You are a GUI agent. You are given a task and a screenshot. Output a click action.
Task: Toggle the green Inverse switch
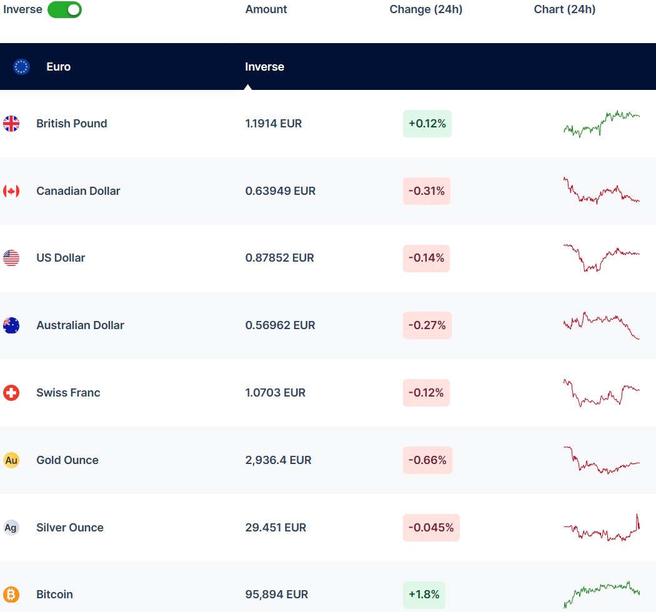point(64,9)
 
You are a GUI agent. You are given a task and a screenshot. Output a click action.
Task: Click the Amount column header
point(266,9)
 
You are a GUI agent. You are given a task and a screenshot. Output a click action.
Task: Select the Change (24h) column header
point(425,9)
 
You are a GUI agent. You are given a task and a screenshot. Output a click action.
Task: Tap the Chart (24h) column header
point(564,9)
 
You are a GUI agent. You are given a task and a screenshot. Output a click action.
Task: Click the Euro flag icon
point(22,67)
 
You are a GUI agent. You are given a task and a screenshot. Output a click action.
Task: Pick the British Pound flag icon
point(11,124)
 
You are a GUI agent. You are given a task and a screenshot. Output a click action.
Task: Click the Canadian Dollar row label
point(78,191)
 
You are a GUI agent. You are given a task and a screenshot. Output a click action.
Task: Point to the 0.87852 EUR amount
point(279,258)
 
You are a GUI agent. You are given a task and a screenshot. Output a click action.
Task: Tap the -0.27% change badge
point(427,325)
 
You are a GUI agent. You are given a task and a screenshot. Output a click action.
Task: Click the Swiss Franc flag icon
point(11,393)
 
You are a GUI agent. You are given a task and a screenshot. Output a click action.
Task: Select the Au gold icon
point(11,460)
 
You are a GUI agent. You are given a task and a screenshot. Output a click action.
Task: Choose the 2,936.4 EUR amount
point(278,460)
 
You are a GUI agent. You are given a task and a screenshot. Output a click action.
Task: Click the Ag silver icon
point(11,528)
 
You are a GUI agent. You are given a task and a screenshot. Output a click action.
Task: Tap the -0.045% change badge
point(430,528)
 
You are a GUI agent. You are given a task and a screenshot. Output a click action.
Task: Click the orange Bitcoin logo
point(11,595)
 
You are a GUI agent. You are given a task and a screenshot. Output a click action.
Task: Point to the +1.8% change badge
point(424,595)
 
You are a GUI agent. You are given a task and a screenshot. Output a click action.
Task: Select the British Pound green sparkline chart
point(601,124)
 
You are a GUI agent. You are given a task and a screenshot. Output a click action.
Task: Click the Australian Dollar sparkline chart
point(601,325)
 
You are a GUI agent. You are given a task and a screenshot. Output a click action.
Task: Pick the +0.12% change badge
point(427,124)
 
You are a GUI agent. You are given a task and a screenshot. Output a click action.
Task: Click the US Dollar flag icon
point(11,258)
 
